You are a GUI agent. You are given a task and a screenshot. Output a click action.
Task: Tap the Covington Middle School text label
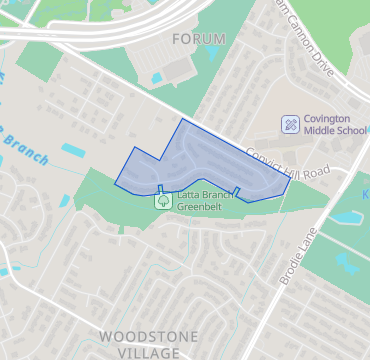(x=335, y=124)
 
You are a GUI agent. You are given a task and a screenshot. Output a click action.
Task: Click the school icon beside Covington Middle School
(x=290, y=123)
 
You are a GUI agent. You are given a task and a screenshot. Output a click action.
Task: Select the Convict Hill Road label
(x=287, y=162)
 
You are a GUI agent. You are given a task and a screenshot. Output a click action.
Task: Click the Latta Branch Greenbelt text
(x=205, y=201)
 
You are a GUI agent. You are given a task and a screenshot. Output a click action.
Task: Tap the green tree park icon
(x=162, y=201)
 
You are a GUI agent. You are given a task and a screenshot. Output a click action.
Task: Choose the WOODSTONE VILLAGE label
(x=149, y=344)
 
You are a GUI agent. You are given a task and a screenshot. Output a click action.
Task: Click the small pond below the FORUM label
(x=157, y=77)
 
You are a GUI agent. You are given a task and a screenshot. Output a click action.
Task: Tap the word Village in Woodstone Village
(x=149, y=353)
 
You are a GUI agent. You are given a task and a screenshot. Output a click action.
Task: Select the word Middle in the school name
(x=322, y=131)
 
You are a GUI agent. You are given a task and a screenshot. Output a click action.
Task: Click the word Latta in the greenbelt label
(x=189, y=195)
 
